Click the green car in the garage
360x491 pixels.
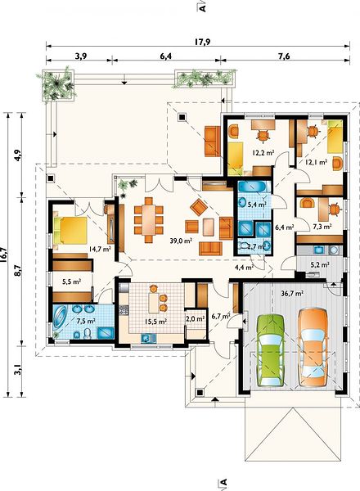pyautogui.click(x=271, y=350)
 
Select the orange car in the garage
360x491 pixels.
pyautogui.click(x=313, y=347)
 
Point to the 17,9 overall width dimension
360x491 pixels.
pyautogui.click(x=202, y=42)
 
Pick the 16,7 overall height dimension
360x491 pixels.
pyautogui.click(x=3, y=252)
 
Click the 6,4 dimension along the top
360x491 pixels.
pyautogui.click(x=166, y=56)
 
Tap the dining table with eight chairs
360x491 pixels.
pyautogui.click(x=149, y=220)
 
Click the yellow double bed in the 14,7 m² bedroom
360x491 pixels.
pyautogui.click(x=70, y=231)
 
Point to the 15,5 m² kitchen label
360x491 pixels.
pyautogui.click(x=155, y=322)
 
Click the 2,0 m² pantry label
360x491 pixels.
pyautogui.click(x=196, y=319)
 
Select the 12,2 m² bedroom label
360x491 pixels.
pyautogui.click(x=263, y=153)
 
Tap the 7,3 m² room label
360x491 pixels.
pyautogui.click(x=322, y=226)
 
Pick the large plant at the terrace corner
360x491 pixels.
pyautogui.click(x=57, y=84)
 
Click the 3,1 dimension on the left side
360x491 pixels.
pyautogui.click(x=19, y=372)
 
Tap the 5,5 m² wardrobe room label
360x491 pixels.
pyautogui.click(x=72, y=282)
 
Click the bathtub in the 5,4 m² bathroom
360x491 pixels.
pyautogui.click(x=252, y=187)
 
